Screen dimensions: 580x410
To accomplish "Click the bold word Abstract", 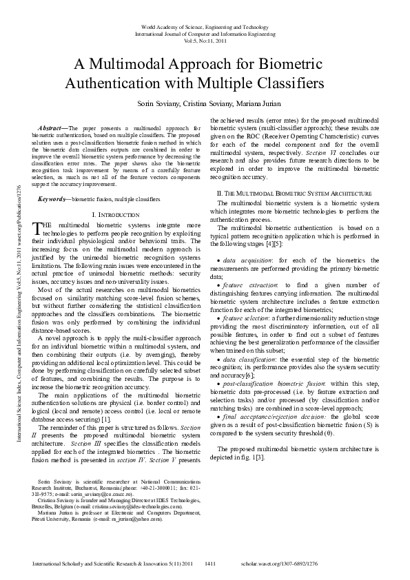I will (x=51, y=128).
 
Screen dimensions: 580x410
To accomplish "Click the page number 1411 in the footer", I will (x=211, y=563).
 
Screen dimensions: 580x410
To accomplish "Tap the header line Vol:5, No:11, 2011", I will (x=205, y=40).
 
